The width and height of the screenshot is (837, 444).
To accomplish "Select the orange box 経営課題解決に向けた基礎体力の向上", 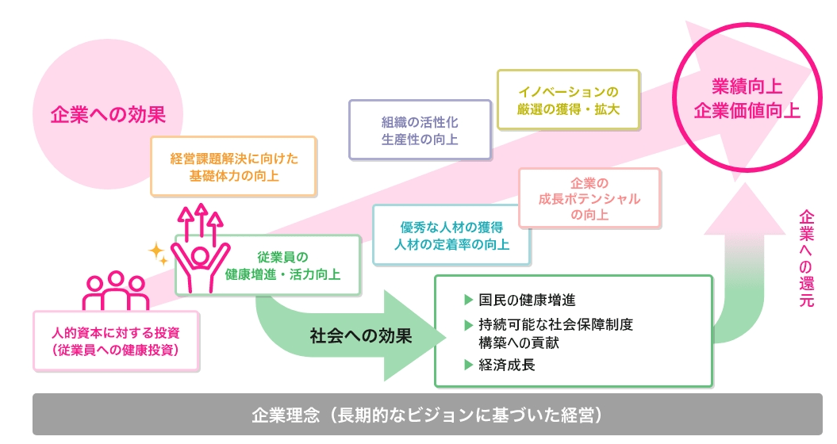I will (x=233, y=166).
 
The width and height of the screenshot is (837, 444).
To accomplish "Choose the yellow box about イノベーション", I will (x=568, y=99).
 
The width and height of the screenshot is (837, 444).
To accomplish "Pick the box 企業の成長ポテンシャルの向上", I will (x=589, y=198).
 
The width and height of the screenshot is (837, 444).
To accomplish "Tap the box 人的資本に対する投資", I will (x=116, y=339).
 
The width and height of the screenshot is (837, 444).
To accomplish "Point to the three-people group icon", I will (x=116, y=292).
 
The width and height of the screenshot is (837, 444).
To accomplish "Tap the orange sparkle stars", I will (x=159, y=253).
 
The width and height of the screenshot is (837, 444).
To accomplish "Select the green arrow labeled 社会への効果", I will (x=361, y=335).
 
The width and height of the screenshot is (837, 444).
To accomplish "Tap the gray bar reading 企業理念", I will (x=427, y=415).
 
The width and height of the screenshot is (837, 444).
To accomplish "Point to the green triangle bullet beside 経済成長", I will (x=467, y=366).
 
